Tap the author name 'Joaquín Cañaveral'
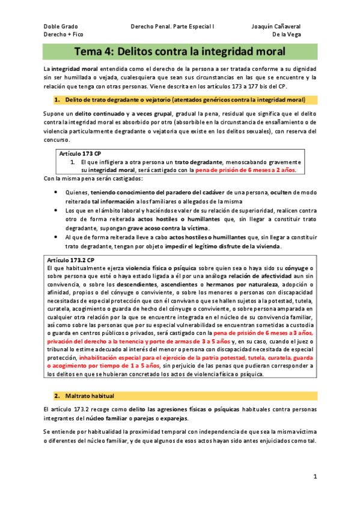276,26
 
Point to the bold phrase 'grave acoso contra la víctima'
166,229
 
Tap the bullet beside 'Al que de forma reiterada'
56,238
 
